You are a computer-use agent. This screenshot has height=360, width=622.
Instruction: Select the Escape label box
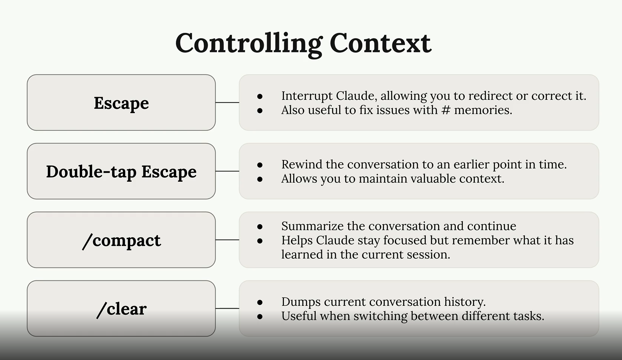click(121, 103)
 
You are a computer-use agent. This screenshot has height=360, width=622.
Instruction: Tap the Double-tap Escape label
click(121, 172)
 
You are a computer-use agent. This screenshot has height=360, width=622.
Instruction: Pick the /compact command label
click(121, 240)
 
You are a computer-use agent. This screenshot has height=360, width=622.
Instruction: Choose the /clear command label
click(121, 309)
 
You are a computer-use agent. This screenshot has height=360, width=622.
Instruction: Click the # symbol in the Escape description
click(446, 110)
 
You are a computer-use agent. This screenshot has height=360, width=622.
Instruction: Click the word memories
click(483, 110)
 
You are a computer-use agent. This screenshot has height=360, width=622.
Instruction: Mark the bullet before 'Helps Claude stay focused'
click(260, 241)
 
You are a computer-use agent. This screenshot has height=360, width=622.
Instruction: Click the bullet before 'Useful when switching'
click(260, 317)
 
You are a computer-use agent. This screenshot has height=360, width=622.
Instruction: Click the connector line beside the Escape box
click(227, 102)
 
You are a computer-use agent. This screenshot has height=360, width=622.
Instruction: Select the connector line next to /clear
click(227, 308)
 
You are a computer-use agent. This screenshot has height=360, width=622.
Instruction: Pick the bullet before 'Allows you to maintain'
click(260, 179)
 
